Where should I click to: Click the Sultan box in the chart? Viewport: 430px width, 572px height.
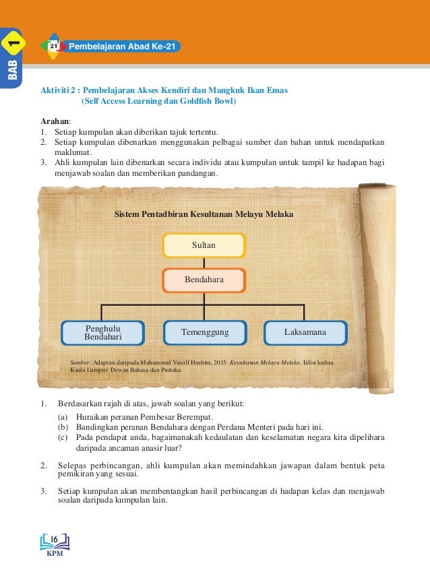[x=204, y=245]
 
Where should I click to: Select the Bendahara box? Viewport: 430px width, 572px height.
[x=204, y=279]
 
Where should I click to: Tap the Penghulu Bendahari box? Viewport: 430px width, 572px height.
[x=102, y=332]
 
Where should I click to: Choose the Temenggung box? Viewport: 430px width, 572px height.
[x=205, y=332]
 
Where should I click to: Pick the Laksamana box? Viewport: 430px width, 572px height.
[x=305, y=332]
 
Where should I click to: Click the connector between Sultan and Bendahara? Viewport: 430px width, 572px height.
[x=204, y=263]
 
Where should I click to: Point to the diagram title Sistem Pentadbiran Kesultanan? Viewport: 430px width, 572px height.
[x=204, y=214]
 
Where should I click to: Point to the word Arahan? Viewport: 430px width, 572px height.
[x=55, y=120]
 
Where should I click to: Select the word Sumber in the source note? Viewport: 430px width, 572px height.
[x=80, y=362]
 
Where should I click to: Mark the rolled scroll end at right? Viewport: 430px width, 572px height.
[x=380, y=283]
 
